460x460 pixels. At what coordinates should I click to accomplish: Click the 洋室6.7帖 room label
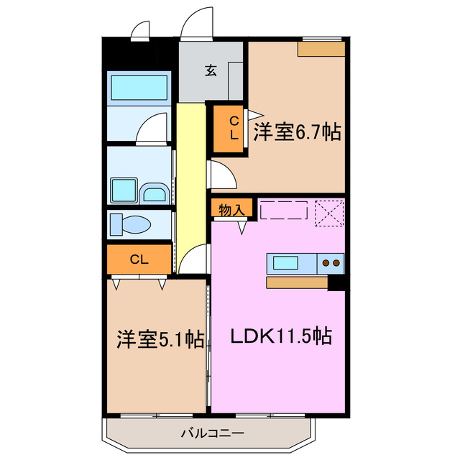pos(296,132)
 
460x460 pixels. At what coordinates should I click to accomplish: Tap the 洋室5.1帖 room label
pos(160,339)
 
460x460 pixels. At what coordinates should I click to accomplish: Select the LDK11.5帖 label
pos(280,336)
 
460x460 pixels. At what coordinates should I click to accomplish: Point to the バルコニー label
pos(212,433)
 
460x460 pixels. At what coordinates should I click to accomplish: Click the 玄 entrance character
pos(210,70)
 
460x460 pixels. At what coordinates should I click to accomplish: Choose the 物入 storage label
pos(231,209)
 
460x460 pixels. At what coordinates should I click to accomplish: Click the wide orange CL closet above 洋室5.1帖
pos(139,259)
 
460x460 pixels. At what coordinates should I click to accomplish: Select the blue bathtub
pos(139,88)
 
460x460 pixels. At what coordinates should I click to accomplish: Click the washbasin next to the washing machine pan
pos(154,193)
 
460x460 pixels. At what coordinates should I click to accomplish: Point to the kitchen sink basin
pos(285,262)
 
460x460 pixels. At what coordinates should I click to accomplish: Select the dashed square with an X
pos(331,211)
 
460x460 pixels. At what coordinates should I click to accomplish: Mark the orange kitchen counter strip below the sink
pos(297,282)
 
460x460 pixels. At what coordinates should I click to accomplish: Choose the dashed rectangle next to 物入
pos(283,210)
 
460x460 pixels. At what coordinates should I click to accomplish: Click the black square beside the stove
pos(336,282)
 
